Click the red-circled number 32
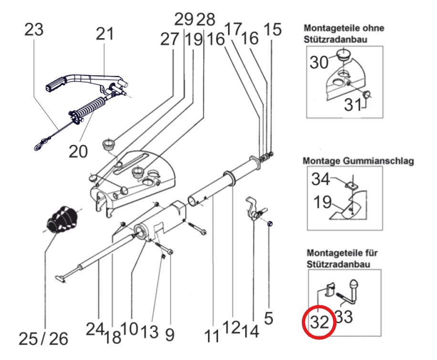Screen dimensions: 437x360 pos(319,322)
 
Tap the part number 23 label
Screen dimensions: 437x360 pos(34,30)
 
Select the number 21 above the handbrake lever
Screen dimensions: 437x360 pos(105,34)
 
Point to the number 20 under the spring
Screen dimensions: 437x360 pos(78,151)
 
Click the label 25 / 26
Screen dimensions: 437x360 pos(43,339)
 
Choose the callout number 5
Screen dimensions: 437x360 pos(269,318)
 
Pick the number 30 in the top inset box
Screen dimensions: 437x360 pos(319,62)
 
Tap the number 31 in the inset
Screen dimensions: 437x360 pos(353,105)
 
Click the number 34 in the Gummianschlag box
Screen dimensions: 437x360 pos(321,179)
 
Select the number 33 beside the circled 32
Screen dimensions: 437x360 pos(343,317)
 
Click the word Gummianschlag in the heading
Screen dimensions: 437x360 pos(378,161)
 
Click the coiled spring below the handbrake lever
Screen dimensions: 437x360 pos(89,107)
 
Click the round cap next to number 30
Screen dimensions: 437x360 pos(343,54)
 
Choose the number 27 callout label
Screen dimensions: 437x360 pos(169,39)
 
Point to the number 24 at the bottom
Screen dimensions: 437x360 pos(95,329)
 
